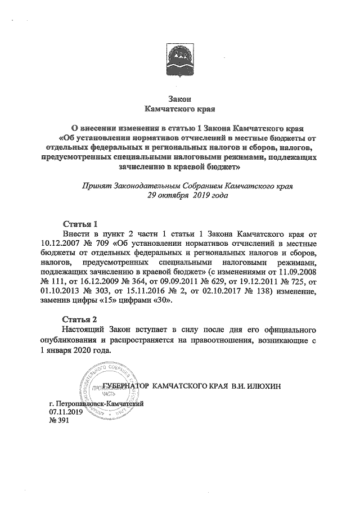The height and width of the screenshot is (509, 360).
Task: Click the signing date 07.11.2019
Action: (x=66, y=412)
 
